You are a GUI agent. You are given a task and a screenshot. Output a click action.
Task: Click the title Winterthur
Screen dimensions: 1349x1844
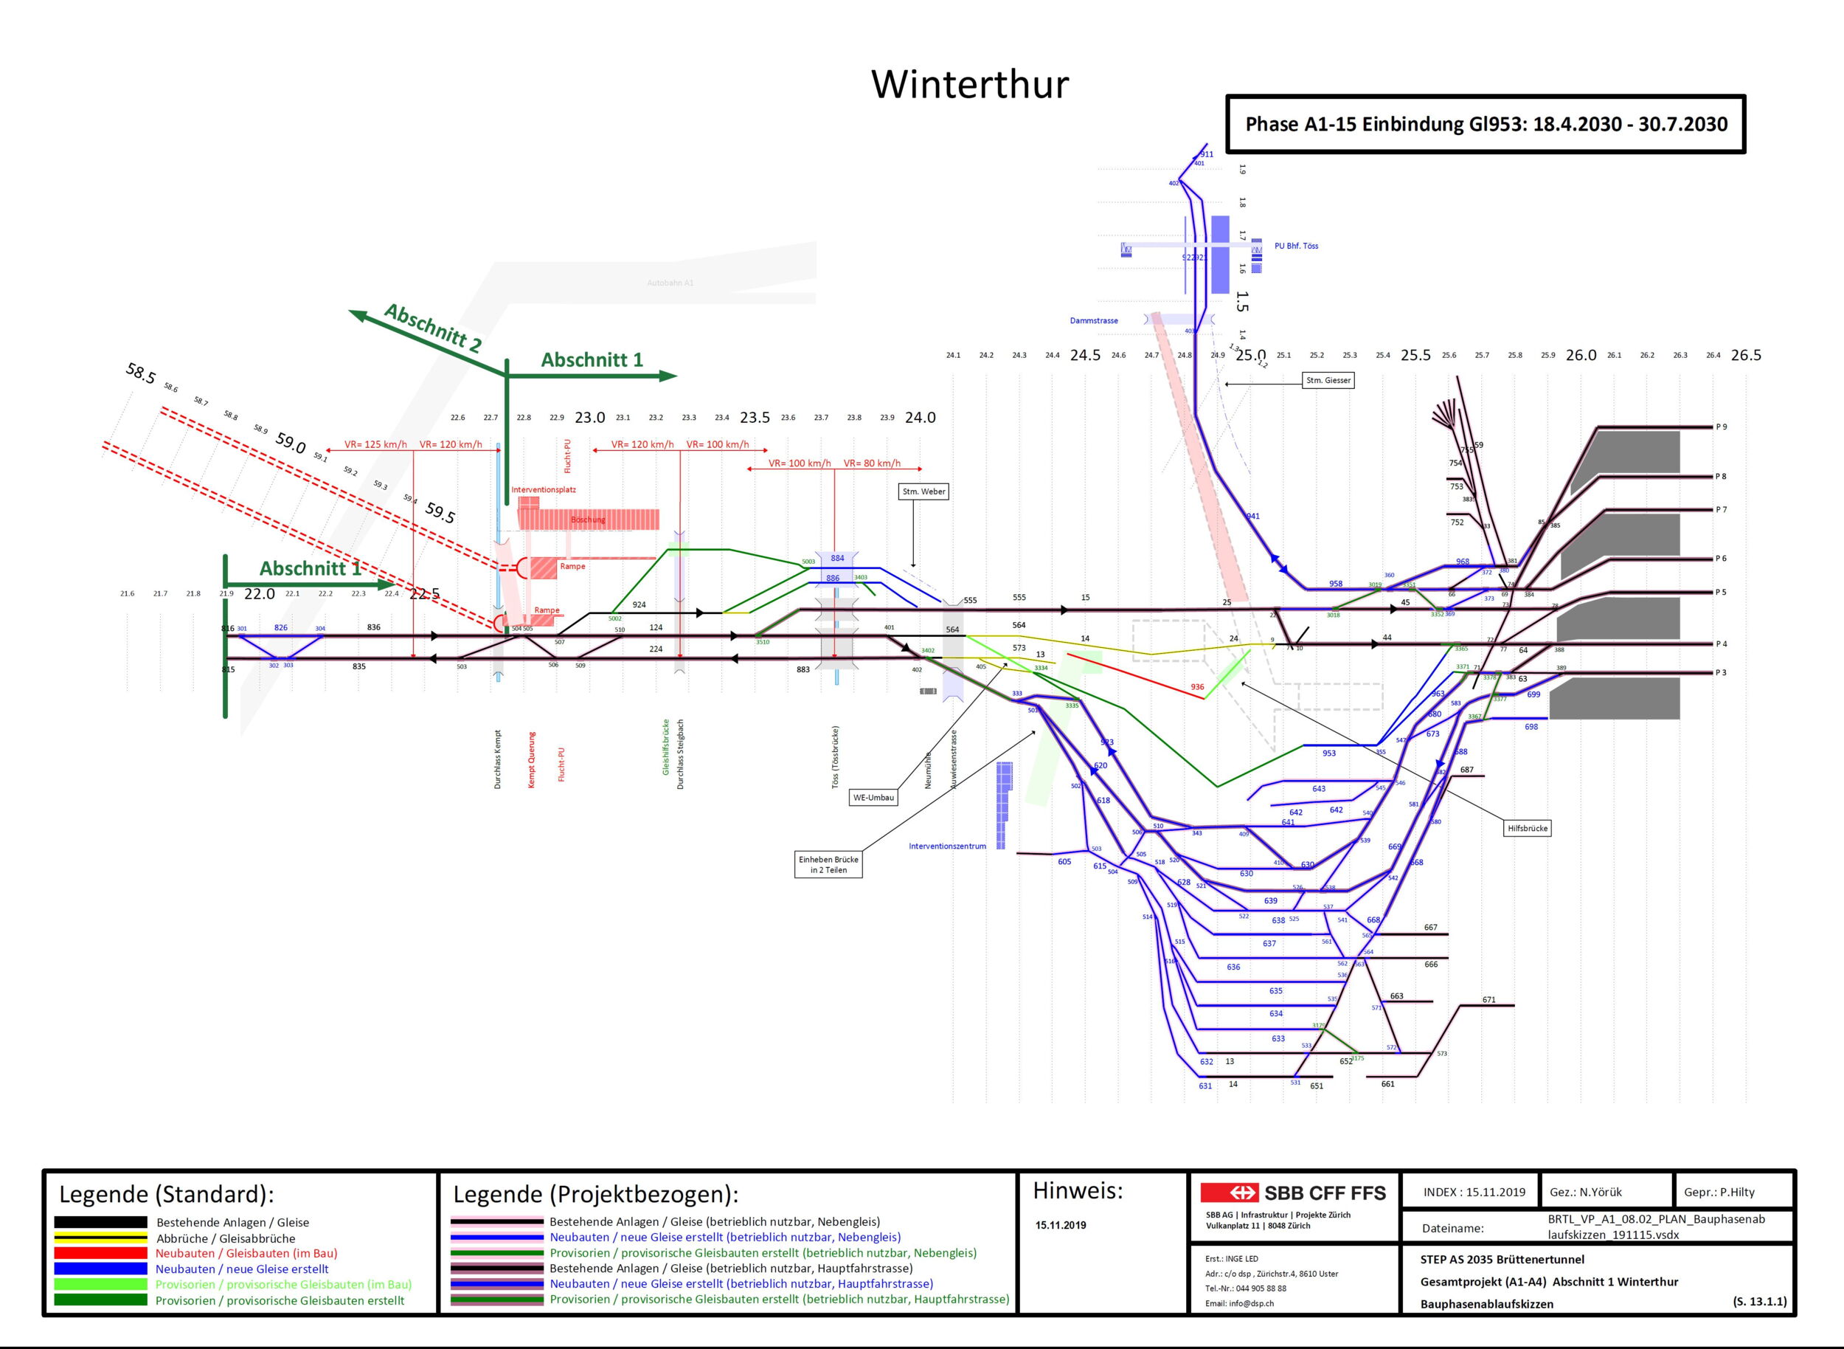point(969,84)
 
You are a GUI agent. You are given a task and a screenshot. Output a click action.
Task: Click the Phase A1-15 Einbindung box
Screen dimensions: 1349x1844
point(1485,124)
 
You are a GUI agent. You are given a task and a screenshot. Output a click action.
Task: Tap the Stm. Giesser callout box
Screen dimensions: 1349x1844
point(1328,381)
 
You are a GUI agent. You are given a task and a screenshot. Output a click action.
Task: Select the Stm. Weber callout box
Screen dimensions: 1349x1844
point(923,491)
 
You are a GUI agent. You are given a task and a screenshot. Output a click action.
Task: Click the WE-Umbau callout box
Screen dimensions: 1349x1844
point(873,797)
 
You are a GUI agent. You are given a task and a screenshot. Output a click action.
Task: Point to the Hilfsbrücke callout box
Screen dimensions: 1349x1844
point(1528,828)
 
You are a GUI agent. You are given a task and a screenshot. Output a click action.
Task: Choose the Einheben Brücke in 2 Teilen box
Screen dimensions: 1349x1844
point(828,865)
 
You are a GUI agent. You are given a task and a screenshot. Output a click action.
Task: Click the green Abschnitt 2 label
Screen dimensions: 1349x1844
point(433,328)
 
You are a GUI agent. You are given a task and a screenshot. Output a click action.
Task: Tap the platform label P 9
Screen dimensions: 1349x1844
point(1721,427)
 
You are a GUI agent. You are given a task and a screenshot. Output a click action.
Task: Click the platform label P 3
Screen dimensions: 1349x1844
point(1721,673)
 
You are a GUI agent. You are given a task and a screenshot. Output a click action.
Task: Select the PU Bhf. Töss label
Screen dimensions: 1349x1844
point(1295,246)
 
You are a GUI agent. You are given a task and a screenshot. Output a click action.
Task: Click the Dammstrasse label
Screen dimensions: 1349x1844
point(1094,321)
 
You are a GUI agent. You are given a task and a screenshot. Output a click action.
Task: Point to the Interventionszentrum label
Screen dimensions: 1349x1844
point(947,846)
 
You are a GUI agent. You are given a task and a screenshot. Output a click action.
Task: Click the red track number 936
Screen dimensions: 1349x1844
point(1196,687)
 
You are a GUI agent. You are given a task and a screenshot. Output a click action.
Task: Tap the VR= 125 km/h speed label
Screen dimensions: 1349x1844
point(375,445)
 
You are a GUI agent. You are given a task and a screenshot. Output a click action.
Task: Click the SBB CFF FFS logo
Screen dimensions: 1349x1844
point(1293,1193)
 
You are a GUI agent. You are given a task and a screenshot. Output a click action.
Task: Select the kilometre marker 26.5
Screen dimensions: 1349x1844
point(1745,355)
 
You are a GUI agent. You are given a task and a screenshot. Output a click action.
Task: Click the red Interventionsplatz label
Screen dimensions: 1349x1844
point(544,490)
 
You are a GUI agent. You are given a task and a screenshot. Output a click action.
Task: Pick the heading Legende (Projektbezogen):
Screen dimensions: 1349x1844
point(595,1195)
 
